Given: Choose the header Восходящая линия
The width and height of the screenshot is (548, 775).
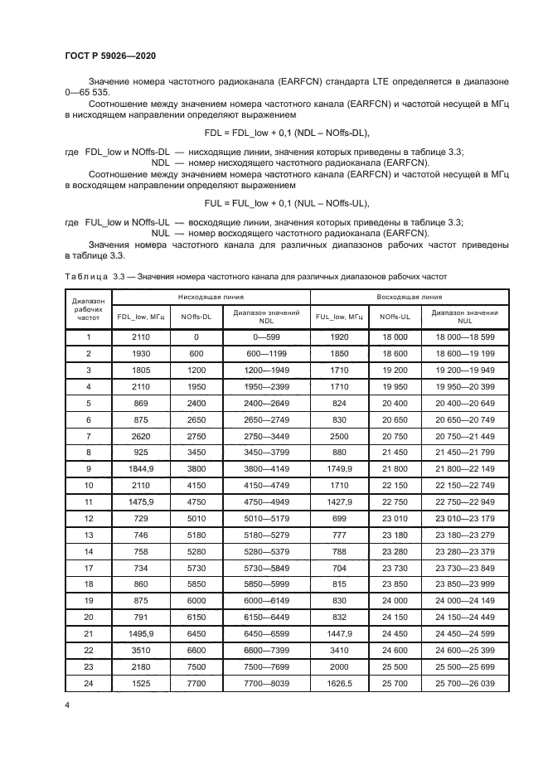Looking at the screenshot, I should tap(410, 297).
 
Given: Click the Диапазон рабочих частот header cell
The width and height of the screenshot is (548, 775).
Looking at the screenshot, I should tap(88, 309).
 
